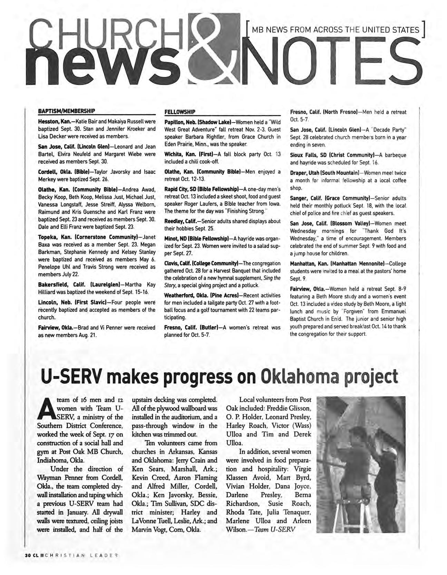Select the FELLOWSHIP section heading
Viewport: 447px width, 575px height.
click(x=179, y=112)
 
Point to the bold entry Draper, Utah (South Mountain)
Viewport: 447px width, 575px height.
click(x=322, y=173)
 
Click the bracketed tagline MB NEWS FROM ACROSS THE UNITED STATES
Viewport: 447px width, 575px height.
click(x=336, y=30)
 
